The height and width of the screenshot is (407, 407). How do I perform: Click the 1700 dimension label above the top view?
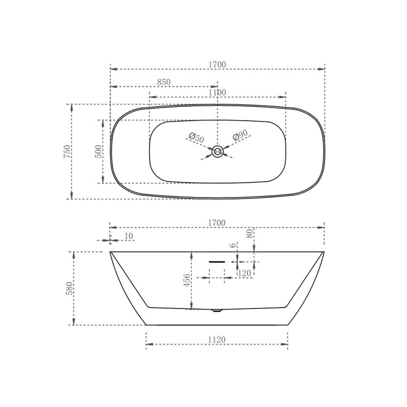click(x=217, y=64)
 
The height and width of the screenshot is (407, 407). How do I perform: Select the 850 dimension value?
click(x=164, y=82)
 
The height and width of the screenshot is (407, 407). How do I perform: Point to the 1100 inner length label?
click(x=217, y=92)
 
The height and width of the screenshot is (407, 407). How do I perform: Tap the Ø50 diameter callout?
click(x=196, y=138)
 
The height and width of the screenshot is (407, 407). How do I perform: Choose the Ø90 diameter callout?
click(x=240, y=135)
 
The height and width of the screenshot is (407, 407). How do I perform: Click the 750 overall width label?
click(x=67, y=151)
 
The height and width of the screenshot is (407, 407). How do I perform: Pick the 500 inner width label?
click(x=98, y=151)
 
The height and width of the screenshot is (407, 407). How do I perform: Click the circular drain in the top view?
click(x=217, y=151)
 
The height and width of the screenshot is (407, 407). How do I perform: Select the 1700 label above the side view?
click(x=217, y=223)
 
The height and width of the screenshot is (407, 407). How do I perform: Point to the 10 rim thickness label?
click(x=129, y=236)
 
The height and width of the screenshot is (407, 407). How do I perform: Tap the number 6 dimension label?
click(x=233, y=245)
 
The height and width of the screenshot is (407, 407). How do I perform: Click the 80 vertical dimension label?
click(x=250, y=233)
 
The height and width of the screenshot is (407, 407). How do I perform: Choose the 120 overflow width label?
click(x=245, y=274)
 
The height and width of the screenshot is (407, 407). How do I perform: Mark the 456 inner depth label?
click(x=187, y=280)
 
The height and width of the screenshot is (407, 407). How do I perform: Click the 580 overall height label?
click(x=69, y=288)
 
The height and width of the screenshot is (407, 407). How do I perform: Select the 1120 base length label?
click(x=217, y=340)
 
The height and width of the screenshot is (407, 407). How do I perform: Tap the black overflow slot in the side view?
click(x=217, y=262)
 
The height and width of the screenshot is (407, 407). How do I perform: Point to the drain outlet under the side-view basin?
click(x=217, y=311)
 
